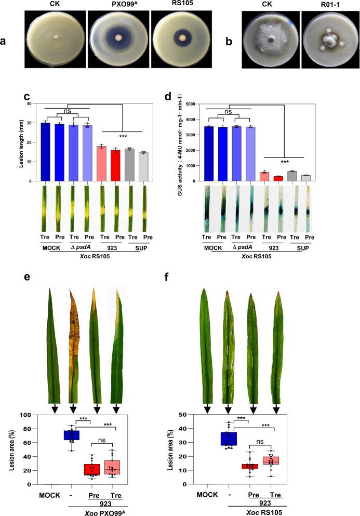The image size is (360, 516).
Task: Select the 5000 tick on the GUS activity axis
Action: pos(196,104)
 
